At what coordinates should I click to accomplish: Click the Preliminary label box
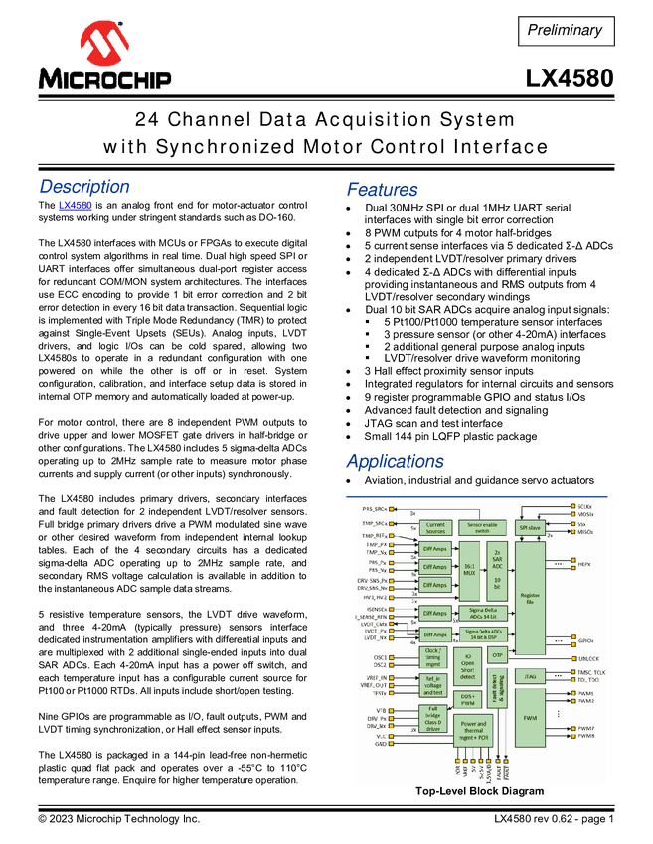click(x=565, y=30)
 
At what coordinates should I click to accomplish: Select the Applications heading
click(x=395, y=461)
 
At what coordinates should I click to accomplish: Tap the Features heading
click(x=383, y=189)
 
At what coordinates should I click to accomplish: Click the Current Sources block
click(x=434, y=528)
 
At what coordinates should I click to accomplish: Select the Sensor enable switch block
click(x=482, y=528)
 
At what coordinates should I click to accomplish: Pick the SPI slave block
click(x=530, y=529)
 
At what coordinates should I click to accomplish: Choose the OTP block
click(x=498, y=656)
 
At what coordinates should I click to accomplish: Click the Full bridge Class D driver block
click(x=433, y=718)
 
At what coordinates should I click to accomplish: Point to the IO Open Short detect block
click(x=467, y=666)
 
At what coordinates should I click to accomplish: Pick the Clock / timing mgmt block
click(x=433, y=657)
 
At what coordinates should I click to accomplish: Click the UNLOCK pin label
click(x=587, y=658)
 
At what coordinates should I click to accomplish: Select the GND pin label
click(x=380, y=744)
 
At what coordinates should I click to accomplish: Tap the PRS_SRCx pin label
click(x=375, y=508)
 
